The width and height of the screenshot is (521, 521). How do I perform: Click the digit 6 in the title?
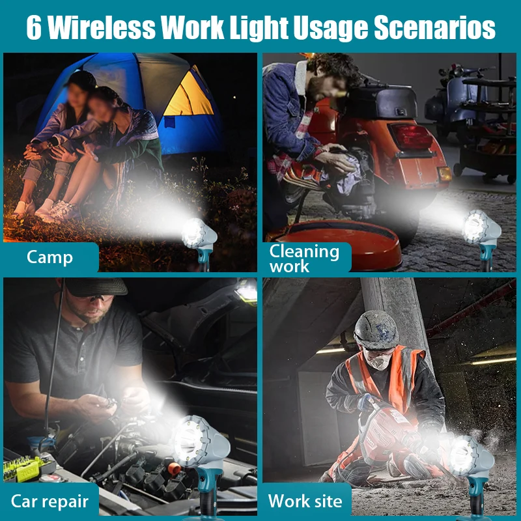pyautogui.click(x=34, y=27)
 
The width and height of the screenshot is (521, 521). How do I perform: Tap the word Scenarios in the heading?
pyautogui.click(x=434, y=27)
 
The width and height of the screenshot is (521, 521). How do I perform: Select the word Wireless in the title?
pyautogui.click(x=102, y=27)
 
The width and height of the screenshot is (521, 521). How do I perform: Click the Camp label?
pyautogui.click(x=49, y=257)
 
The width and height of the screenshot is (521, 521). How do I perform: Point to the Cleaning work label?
pyautogui.click(x=304, y=258)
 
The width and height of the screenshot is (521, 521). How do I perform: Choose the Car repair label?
pyautogui.click(x=49, y=501)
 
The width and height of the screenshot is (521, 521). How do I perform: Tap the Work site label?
pyautogui.click(x=305, y=500)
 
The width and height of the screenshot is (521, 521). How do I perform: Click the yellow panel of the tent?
pyautogui.click(x=190, y=94)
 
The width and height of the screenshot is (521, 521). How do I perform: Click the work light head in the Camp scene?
pyautogui.click(x=199, y=234)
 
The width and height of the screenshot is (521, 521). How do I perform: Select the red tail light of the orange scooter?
pyautogui.click(x=412, y=137)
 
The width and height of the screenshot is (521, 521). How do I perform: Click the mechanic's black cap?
pyautogui.click(x=95, y=287)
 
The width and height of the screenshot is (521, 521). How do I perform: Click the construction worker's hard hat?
pyautogui.click(x=376, y=330)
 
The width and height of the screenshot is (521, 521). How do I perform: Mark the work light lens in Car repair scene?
pyautogui.click(x=186, y=441)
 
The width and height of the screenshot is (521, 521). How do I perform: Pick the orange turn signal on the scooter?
pyautogui.click(x=444, y=174)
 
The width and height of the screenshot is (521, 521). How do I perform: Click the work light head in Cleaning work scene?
pyautogui.click(x=481, y=227)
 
